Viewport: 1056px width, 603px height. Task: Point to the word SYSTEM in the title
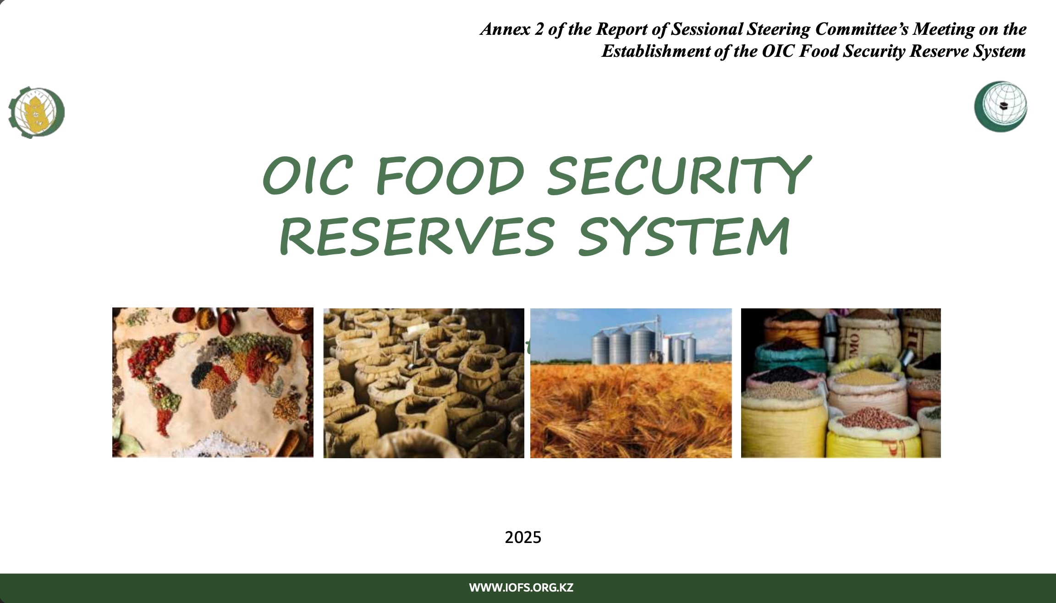683,237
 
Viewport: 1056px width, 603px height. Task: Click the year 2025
523,537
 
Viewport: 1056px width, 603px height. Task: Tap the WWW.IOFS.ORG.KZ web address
521,588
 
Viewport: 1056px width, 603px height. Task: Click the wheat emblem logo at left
37,112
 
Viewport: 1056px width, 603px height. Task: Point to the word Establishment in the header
656,51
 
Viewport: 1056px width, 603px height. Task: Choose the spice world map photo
213,383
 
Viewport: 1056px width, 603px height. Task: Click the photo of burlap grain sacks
423,383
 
